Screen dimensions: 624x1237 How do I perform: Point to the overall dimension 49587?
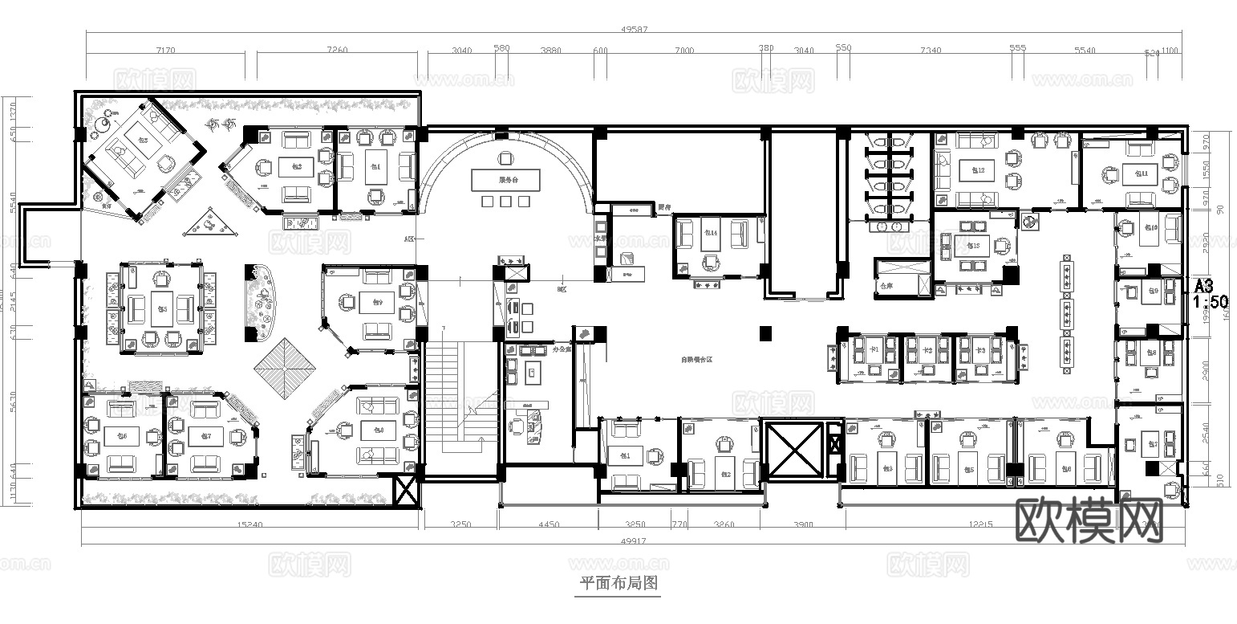tap(634, 30)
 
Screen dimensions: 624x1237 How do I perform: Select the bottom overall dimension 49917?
tap(633, 542)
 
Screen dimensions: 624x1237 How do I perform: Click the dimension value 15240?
tap(250, 525)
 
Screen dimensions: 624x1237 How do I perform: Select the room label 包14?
tap(710, 233)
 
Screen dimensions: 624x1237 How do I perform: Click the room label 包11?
tap(1140, 173)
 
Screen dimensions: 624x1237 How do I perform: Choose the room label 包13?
tap(974, 246)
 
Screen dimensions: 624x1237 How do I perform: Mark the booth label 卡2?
tap(927, 351)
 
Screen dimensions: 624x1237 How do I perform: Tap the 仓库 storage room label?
tap(886, 285)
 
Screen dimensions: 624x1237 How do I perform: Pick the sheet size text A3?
tap(1203, 286)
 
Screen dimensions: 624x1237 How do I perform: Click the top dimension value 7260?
tap(337, 50)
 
